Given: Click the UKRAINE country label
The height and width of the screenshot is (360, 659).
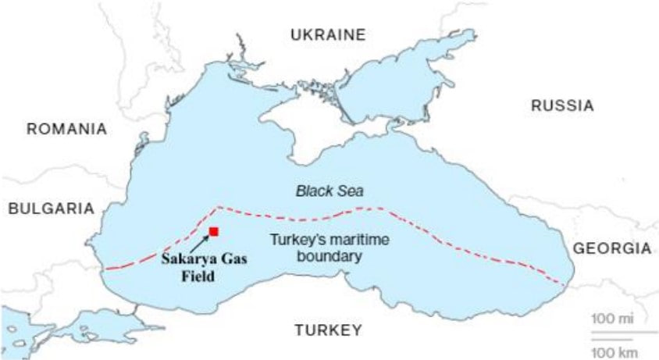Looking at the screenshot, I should click(327, 34).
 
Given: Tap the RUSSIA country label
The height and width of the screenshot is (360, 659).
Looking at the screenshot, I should click(562, 105).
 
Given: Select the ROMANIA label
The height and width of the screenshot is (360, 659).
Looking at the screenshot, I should click(66, 129).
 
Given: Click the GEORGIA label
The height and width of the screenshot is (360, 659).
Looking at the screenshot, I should click(612, 248).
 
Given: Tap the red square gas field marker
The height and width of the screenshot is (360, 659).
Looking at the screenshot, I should click(213, 231).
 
